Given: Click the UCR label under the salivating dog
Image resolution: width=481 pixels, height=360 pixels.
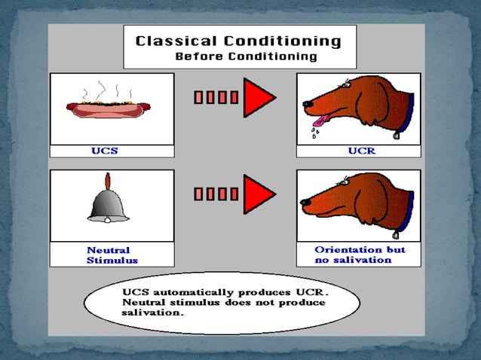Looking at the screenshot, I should click(360, 151).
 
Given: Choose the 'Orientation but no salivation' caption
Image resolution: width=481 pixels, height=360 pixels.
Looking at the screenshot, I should click(359, 255).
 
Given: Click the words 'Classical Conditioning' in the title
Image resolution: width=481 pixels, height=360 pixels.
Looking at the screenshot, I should click(238, 41).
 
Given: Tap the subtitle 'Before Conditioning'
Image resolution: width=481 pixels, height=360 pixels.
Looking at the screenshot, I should click(246, 56).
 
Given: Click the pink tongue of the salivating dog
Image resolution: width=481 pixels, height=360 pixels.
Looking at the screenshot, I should click(320, 119).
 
